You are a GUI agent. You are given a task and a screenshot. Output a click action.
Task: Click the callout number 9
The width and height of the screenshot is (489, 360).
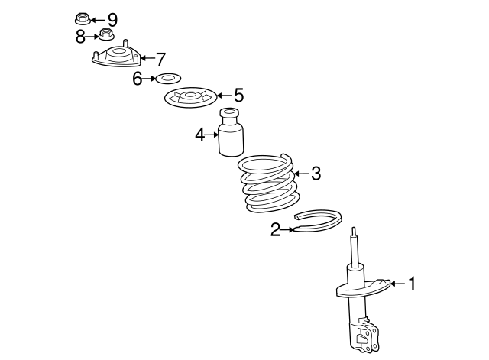tap(112, 20)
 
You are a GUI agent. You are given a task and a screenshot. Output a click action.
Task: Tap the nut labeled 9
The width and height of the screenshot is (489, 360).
tap(83, 18)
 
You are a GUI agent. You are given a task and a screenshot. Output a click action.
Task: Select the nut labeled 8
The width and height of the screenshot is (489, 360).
tap(106, 34)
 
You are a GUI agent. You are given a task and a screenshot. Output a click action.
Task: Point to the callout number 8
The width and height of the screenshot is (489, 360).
tap(80, 37)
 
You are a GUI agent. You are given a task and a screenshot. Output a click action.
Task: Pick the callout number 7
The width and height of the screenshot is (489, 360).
tap(160, 60)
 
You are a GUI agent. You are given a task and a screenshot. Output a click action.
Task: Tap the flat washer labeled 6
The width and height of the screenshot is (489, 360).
tap(168, 79)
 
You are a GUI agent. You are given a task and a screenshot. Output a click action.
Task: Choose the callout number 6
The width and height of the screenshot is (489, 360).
tap(137, 79)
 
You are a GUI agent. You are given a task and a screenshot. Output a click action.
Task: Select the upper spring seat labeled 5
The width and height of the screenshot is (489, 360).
tap(190, 98)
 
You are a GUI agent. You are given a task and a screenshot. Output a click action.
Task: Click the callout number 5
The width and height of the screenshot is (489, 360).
tap(238, 95)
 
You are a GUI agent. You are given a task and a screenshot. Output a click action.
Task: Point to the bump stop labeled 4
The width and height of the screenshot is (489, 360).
tap(231, 132)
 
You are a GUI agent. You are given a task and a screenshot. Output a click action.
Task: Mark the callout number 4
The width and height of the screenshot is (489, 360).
tap(200, 135)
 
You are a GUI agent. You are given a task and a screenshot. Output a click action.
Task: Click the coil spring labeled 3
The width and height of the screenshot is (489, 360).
tap(268, 184)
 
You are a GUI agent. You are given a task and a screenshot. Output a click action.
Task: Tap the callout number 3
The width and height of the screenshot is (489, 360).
tap(316, 174)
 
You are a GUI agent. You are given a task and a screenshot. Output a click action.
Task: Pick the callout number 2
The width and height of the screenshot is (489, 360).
tap(275, 230)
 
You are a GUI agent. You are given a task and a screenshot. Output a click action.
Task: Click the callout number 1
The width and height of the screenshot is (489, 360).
tap(413, 284)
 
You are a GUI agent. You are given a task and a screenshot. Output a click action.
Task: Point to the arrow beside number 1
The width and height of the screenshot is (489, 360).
tap(398, 284)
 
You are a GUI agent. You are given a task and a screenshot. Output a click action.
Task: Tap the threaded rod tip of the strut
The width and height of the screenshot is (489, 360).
tap(354, 232)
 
